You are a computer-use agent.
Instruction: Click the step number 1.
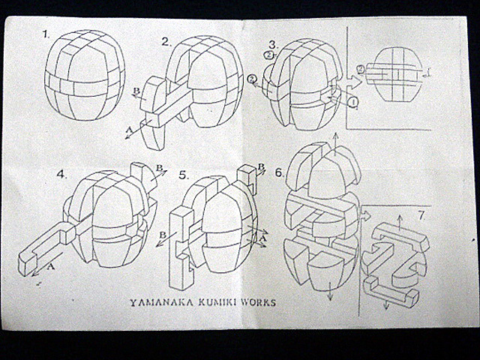pyautogui.click(x=46, y=34)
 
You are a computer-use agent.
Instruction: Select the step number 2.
pyautogui.click(x=166, y=42)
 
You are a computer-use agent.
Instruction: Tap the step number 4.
pyautogui.click(x=61, y=174)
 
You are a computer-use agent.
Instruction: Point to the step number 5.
pyautogui.click(x=183, y=175)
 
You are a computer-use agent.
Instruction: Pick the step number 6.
pyautogui.click(x=279, y=172)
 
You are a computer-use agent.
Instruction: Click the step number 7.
pyautogui.click(x=421, y=216)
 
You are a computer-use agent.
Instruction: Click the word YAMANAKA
pyautogui.click(x=161, y=303)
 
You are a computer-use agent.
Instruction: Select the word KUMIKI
pyautogui.click(x=217, y=303)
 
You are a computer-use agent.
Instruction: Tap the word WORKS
pyautogui.click(x=258, y=303)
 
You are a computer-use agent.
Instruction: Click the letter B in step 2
pyautogui.click(x=136, y=91)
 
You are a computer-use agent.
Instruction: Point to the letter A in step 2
pyautogui.click(x=129, y=130)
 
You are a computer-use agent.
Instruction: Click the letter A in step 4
pyautogui.click(x=51, y=267)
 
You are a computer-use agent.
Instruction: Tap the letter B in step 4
pyautogui.click(x=159, y=168)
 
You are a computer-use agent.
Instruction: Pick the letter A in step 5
pyautogui.click(x=262, y=238)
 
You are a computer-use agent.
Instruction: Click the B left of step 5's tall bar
pyautogui.click(x=163, y=235)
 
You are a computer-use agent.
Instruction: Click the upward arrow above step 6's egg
pyautogui.click(x=336, y=144)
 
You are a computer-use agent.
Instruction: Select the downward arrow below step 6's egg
pyautogui.click(x=330, y=290)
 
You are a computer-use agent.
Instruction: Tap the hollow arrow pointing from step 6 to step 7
pyautogui.click(x=365, y=216)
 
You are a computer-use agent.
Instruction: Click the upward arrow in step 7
pyautogui.click(x=400, y=222)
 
